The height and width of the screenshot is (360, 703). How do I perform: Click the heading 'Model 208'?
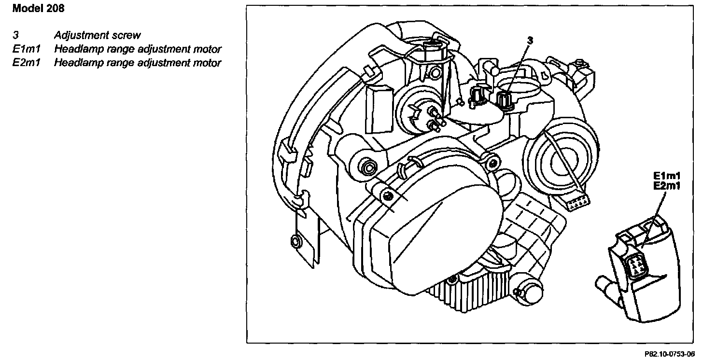coord(38,8)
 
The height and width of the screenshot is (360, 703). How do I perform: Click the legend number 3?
coord(16,35)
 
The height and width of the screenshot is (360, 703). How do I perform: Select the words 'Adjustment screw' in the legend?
coord(97,35)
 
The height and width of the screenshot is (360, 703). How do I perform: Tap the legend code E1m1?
coord(27,49)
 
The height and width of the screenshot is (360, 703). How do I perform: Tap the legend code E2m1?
coord(27,63)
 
